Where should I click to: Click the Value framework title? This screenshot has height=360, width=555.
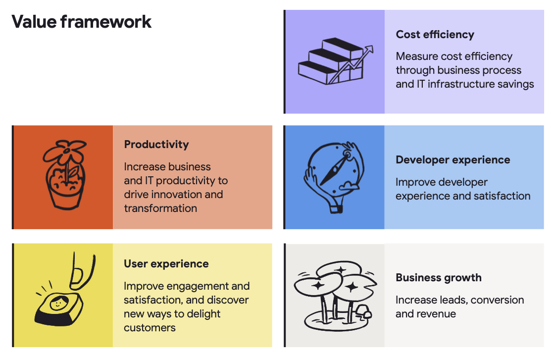click(x=81, y=22)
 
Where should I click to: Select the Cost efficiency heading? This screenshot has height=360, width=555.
click(x=435, y=34)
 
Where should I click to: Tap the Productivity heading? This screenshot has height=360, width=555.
click(x=156, y=145)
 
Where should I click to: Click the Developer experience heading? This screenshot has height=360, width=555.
click(x=453, y=160)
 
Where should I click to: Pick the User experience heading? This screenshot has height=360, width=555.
click(x=166, y=264)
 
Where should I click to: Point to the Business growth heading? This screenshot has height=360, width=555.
click(x=439, y=278)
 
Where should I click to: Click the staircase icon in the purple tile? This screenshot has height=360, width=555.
click(x=331, y=61)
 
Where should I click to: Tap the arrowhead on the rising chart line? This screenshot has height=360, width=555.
click(x=369, y=49)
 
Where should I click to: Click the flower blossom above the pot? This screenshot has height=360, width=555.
click(x=66, y=151)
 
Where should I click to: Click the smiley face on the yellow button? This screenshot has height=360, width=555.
click(x=59, y=302)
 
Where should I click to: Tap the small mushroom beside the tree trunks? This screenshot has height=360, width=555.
click(x=364, y=311)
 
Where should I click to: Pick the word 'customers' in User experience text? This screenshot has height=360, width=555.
click(x=150, y=328)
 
